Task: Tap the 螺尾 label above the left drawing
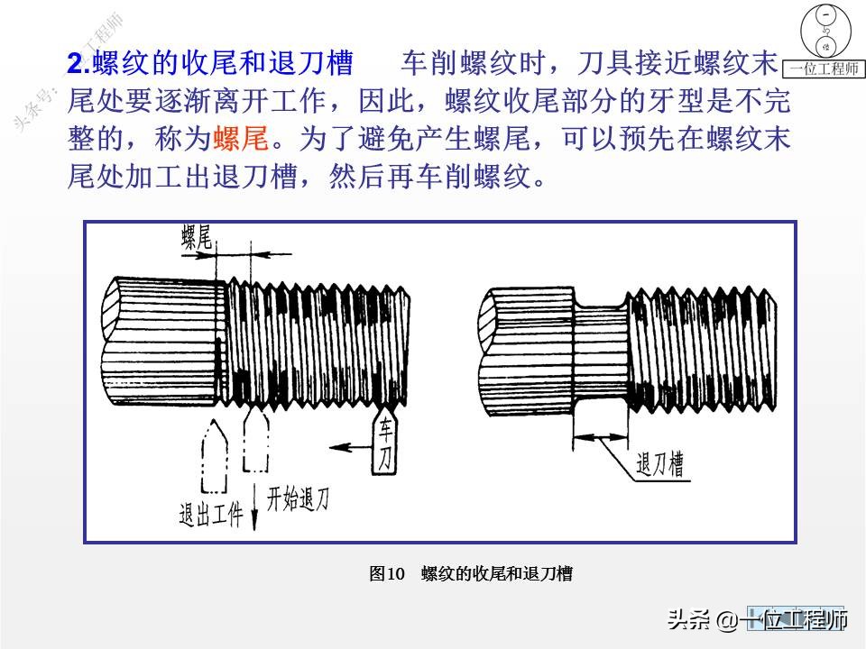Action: click(x=197, y=237)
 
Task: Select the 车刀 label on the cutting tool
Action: click(x=385, y=443)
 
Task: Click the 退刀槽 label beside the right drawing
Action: click(x=659, y=465)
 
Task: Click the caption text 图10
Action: click(x=388, y=574)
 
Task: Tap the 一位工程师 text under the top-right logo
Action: click(x=824, y=69)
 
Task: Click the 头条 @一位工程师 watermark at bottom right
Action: click(x=756, y=620)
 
